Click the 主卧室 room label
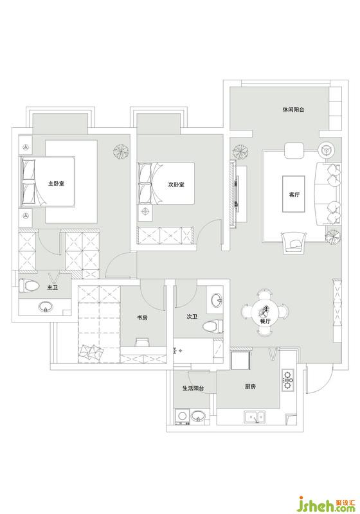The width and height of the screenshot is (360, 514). (x=56, y=183)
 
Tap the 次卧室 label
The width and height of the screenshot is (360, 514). (x=176, y=184)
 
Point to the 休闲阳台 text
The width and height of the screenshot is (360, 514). (x=293, y=109)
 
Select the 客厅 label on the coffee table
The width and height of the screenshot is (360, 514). (x=294, y=195)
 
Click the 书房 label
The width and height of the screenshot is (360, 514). (x=142, y=317)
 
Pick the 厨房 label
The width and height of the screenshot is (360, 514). (x=250, y=387)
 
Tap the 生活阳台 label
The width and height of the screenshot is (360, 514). (x=193, y=389)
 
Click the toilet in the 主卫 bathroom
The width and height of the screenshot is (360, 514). (x=26, y=285)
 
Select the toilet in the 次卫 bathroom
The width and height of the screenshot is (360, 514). (x=212, y=326)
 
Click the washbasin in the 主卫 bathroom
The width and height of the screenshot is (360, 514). (x=46, y=307)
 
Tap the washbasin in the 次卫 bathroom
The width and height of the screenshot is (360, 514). (x=217, y=300)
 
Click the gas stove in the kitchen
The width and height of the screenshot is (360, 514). (x=288, y=380)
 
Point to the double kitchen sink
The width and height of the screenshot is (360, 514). (x=255, y=417)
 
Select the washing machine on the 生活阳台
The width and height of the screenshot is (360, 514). (x=182, y=416)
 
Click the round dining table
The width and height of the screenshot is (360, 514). (x=266, y=312)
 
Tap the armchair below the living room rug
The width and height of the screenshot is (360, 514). (x=294, y=243)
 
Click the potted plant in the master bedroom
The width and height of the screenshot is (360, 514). (x=121, y=151)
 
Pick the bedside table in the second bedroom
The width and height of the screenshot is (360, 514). (x=145, y=212)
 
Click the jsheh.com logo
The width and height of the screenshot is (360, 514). (x=326, y=504)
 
